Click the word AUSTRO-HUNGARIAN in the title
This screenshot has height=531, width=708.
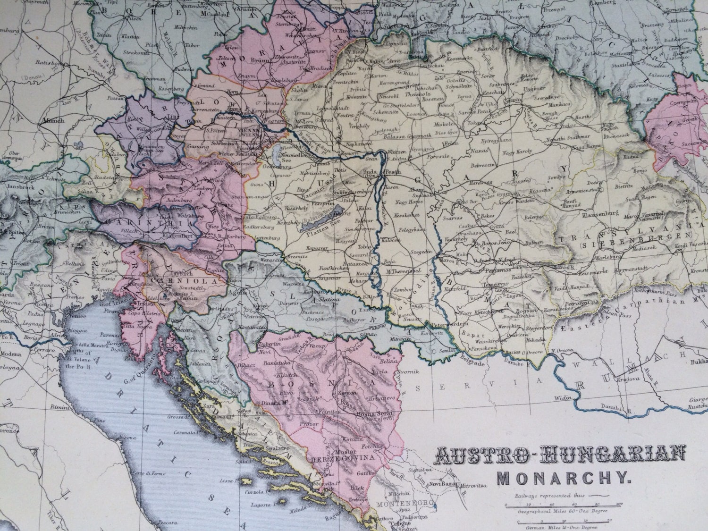[559, 455]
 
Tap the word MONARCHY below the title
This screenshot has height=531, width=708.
[564, 479]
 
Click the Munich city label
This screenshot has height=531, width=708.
[53, 120]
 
